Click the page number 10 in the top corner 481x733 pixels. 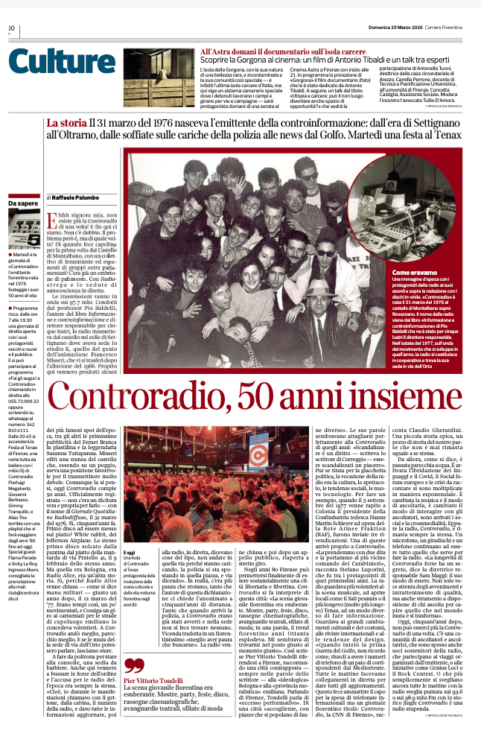point(11,28)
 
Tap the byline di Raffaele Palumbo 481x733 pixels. point(74,197)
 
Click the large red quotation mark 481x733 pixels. point(135,666)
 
